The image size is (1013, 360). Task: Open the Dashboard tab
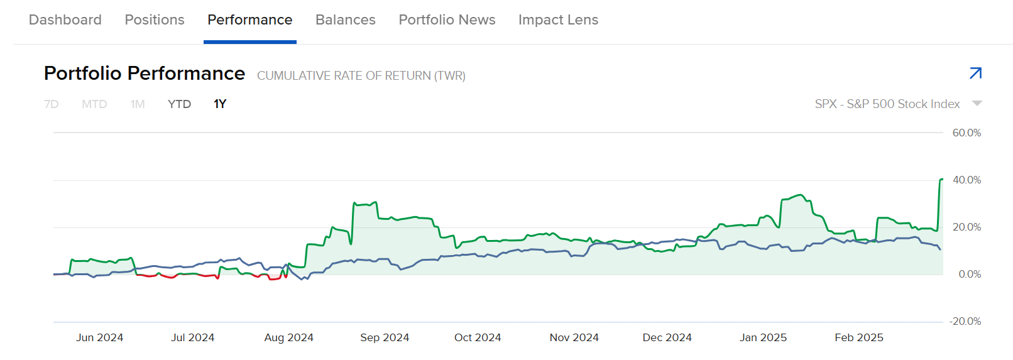[x=65, y=20]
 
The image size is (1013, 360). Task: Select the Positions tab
[x=155, y=20]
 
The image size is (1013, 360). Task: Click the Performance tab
[x=250, y=20]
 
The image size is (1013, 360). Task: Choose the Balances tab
[x=346, y=20]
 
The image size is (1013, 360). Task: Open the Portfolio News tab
[x=447, y=20]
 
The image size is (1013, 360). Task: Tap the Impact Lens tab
[x=558, y=20]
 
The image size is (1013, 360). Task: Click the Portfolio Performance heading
[x=145, y=74]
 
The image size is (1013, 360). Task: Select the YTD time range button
[x=179, y=104]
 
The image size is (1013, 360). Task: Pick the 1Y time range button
[x=220, y=104]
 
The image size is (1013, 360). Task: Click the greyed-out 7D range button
[x=52, y=104]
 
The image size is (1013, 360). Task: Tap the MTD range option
[x=94, y=104]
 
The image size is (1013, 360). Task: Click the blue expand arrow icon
[x=975, y=74]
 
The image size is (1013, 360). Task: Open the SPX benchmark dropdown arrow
[x=977, y=104]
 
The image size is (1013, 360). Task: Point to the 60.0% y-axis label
[x=966, y=133]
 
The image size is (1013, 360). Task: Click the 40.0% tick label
[x=966, y=180]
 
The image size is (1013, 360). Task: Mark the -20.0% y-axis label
[x=965, y=321]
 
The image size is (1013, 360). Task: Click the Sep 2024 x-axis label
[x=385, y=337]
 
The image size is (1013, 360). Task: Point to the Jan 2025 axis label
[x=763, y=337]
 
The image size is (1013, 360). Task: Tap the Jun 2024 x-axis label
[x=100, y=337]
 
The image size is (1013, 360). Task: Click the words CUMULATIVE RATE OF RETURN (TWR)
[x=361, y=76]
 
